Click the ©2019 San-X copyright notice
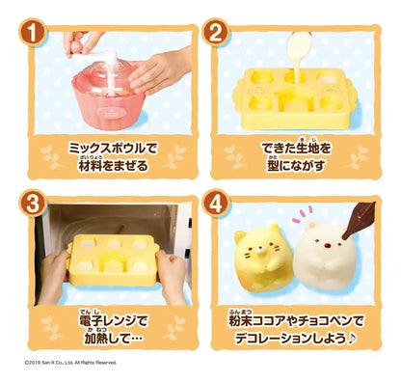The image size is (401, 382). (x=71, y=362)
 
